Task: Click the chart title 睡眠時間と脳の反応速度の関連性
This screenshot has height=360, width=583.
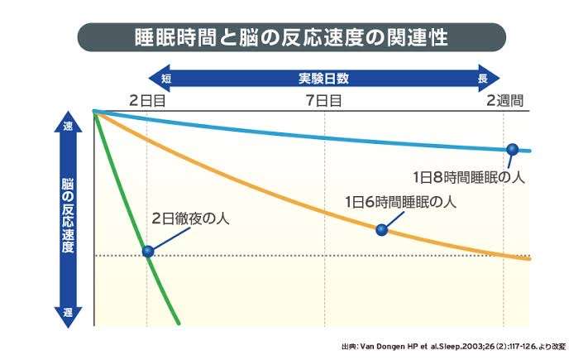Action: (x=291, y=37)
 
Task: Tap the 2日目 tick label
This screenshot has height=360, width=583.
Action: (x=148, y=100)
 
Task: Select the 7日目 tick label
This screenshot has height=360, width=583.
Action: (x=324, y=100)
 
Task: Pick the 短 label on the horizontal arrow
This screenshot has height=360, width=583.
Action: (x=166, y=79)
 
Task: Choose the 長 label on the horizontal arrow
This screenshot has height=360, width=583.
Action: (x=481, y=79)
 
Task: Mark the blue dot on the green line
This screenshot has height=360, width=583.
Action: (x=148, y=251)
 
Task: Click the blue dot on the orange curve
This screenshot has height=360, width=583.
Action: (x=381, y=230)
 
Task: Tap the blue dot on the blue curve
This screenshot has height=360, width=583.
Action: (x=512, y=148)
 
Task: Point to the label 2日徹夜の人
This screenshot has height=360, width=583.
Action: (x=190, y=220)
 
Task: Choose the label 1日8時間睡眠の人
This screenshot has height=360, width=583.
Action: (x=469, y=175)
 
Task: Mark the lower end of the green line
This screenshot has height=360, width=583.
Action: (x=178, y=323)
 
